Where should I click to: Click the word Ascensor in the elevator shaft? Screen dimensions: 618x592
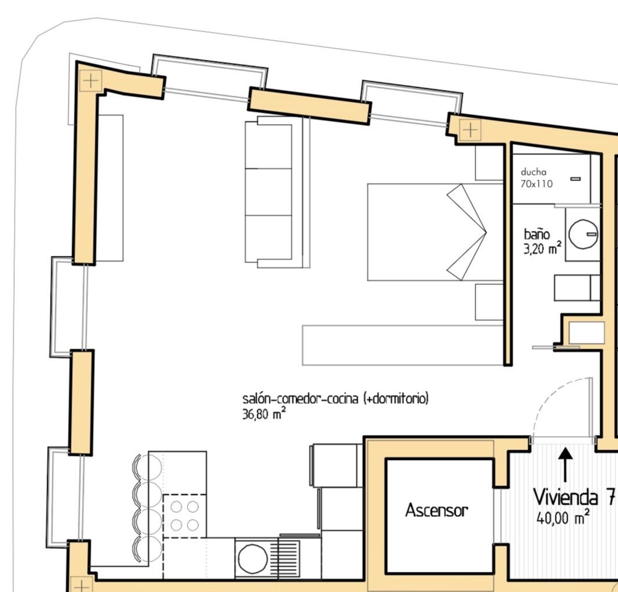pyautogui.click(x=437, y=510)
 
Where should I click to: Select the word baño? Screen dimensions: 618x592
pyautogui.click(x=537, y=234)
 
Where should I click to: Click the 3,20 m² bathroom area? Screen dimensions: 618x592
pyautogui.click(x=543, y=248)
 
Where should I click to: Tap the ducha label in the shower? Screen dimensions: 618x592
pyautogui.click(x=534, y=172)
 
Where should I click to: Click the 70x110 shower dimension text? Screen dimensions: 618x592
pyautogui.click(x=536, y=184)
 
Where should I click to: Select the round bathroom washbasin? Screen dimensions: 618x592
pyautogui.click(x=583, y=234)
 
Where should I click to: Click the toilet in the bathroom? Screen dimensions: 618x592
pyautogui.click(x=577, y=288)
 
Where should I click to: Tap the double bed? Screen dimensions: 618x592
pyautogui.click(x=435, y=232)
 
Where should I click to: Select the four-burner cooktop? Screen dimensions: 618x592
pyautogui.click(x=185, y=516)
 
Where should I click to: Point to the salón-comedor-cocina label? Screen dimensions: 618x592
pyautogui.click(x=300, y=399)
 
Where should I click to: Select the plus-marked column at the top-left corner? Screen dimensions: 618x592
pyautogui.click(x=91, y=80)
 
